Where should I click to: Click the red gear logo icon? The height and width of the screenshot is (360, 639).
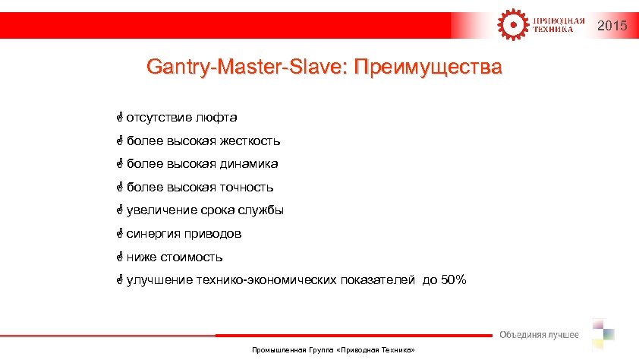coord(510,24)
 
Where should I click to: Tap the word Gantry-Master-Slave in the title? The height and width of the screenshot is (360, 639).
coord(247,68)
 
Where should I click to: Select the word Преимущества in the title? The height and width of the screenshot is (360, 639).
coord(428,68)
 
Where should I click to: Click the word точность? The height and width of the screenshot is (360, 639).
coord(247,187)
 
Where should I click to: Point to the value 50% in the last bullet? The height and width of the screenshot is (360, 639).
coord(454,280)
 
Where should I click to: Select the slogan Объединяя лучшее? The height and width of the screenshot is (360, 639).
coord(539,335)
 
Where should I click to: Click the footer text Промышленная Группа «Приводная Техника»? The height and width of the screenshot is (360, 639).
coord(333,352)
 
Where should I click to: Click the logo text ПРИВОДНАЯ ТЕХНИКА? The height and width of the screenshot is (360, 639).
coord(559,25)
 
